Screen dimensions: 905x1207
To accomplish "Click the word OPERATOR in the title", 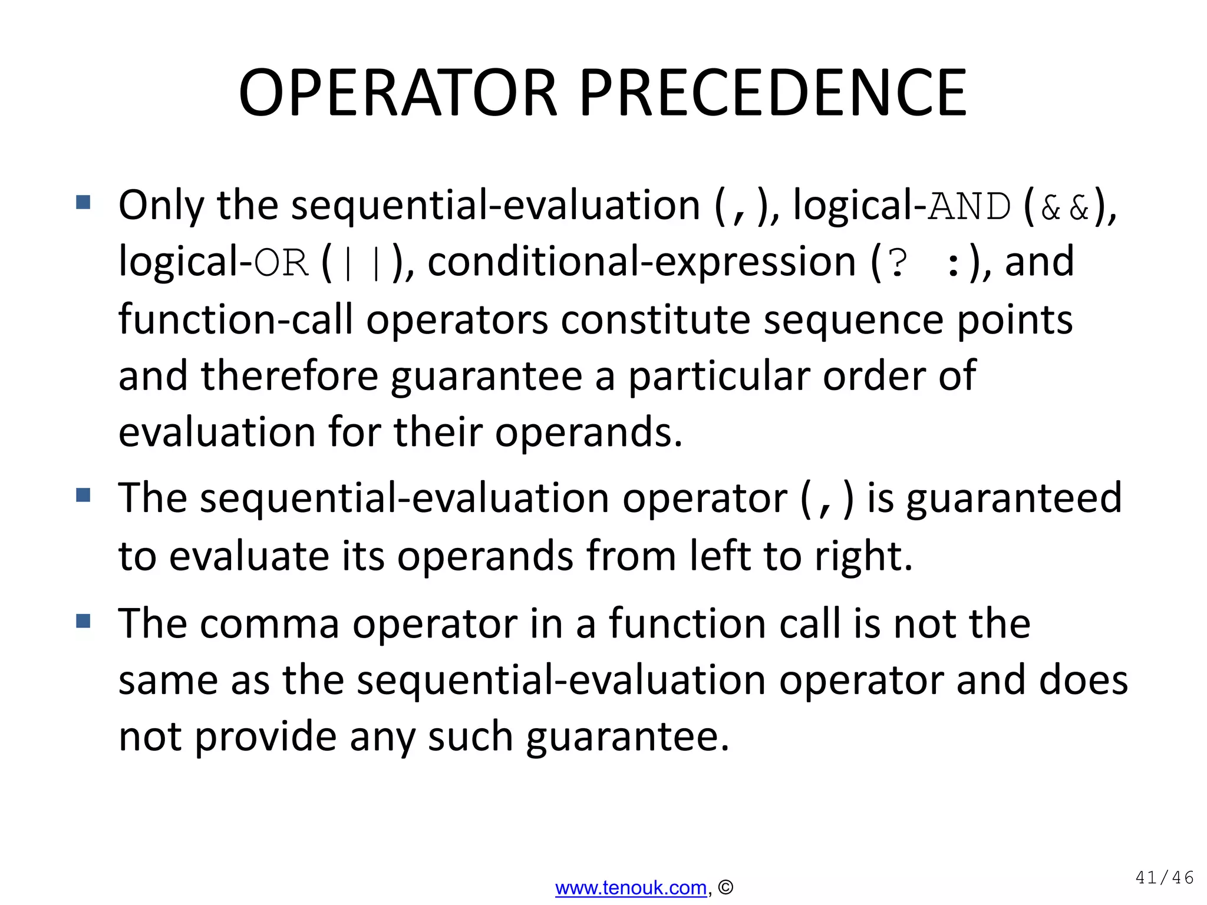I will tap(398, 93).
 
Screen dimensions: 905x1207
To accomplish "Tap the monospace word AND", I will tap(969, 207).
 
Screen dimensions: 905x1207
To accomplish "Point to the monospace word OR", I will tap(281, 263).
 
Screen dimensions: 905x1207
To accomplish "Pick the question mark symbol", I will tap(898, 263).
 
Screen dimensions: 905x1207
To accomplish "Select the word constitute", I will tap(655, 319).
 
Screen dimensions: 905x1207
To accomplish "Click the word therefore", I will tap(289, 376).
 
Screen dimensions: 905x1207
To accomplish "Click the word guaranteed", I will tap(1014, 498).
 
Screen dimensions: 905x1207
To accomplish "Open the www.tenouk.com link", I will tap(631, 887).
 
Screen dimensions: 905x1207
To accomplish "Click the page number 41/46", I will tap(1164, 878).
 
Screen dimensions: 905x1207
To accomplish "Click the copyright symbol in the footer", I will tap(726, 887).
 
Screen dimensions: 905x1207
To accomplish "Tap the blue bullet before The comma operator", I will tap(83, 621).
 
